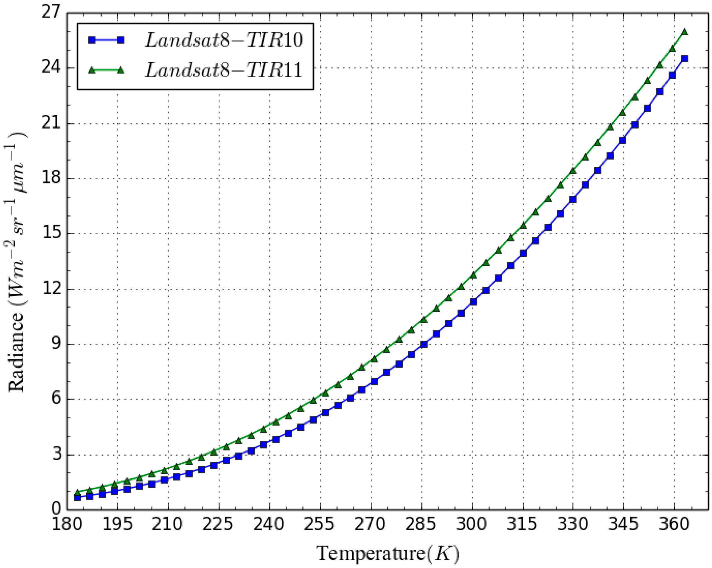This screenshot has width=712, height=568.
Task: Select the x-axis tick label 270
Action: (x=371, y=524)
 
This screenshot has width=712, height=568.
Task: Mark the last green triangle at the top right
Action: (x=685, y=32)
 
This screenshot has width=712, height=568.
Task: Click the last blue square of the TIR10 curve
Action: (x=685, y=58)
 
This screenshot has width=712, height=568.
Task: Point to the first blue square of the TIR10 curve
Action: (x=77, y=497)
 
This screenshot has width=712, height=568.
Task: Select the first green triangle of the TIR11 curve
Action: (x=77, y=492)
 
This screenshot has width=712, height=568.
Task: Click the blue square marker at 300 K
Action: (x=473, y=302)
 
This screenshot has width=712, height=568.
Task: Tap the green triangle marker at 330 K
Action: (x=573, y=171)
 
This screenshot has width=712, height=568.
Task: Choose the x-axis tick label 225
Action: (x=219, y=524)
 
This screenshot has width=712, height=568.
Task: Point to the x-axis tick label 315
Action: (x=522, y=524)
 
